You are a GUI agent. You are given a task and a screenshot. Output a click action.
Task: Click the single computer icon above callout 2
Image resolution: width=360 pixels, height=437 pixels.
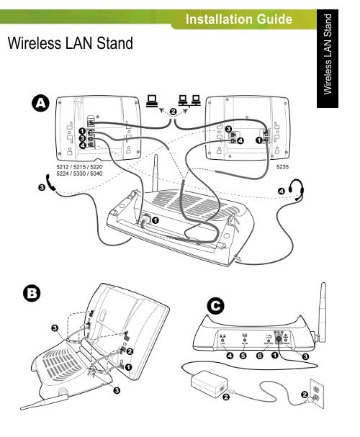[153, 102]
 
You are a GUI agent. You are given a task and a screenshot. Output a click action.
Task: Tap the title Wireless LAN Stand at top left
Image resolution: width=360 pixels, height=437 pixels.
[70, 45]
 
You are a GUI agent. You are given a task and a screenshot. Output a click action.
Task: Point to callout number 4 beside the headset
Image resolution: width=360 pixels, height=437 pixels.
[281, 190]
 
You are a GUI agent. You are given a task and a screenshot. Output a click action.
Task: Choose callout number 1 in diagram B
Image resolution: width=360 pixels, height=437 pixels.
[129, 366]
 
